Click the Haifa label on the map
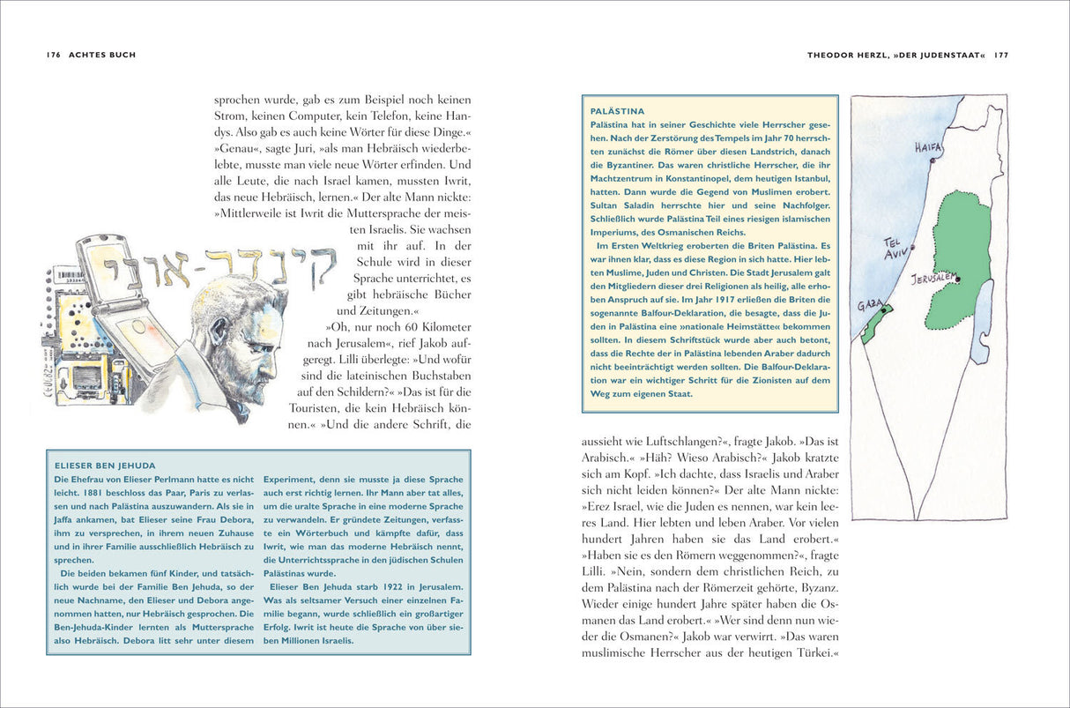(x=928, y=145)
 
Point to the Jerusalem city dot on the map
(x=957, y=279)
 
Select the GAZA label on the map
(x=869, y=304)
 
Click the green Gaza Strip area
(x=875, y=323)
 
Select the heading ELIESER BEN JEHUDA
(x=105, y=465)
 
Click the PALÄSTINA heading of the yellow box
(x=617, y=111)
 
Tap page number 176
(x=53, y=55)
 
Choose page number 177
(x=1000, y=55)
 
